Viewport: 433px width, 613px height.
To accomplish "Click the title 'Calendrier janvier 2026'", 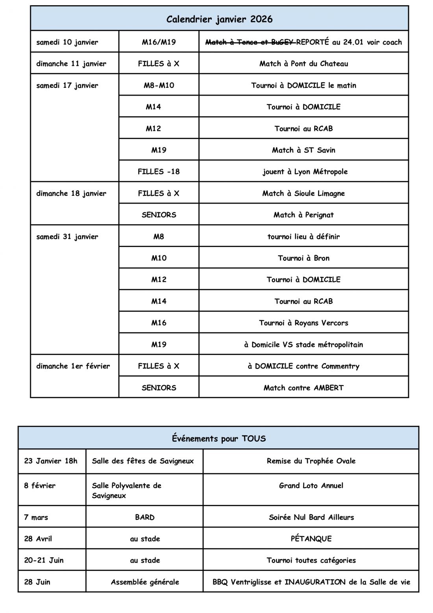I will [219, 19].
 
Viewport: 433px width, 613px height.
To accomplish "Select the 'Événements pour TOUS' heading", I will [218, 438].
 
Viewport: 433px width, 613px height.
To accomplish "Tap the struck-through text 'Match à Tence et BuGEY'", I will [250, 42].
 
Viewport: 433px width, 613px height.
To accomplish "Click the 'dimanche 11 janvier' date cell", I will [71, 64].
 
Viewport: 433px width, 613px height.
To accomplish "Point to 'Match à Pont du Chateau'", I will [303, 64].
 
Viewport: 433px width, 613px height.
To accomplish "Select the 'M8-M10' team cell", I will [159, 85].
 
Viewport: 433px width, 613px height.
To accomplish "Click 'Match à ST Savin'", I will [303, 150].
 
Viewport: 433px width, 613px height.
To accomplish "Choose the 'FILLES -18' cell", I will [159, 172].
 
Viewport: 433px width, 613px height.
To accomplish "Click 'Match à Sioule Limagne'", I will [303, 193].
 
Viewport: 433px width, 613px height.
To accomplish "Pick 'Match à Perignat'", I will [303, 215].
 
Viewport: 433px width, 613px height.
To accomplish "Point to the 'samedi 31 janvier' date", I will [67, 237].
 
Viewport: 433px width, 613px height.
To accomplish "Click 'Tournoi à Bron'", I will [303, 258].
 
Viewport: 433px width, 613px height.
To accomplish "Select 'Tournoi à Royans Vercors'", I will [303, 323].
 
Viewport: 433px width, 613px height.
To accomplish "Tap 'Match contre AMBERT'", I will [303, 388].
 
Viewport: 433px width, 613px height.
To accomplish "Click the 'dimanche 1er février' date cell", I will [73, 366].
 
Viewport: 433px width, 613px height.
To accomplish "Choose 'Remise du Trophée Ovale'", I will [311, 461].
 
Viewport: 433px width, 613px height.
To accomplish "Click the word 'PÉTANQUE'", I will [311, 539].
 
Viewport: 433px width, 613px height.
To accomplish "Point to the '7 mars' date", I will [36, 517].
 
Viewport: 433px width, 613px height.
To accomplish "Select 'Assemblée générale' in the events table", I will [145, 582].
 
